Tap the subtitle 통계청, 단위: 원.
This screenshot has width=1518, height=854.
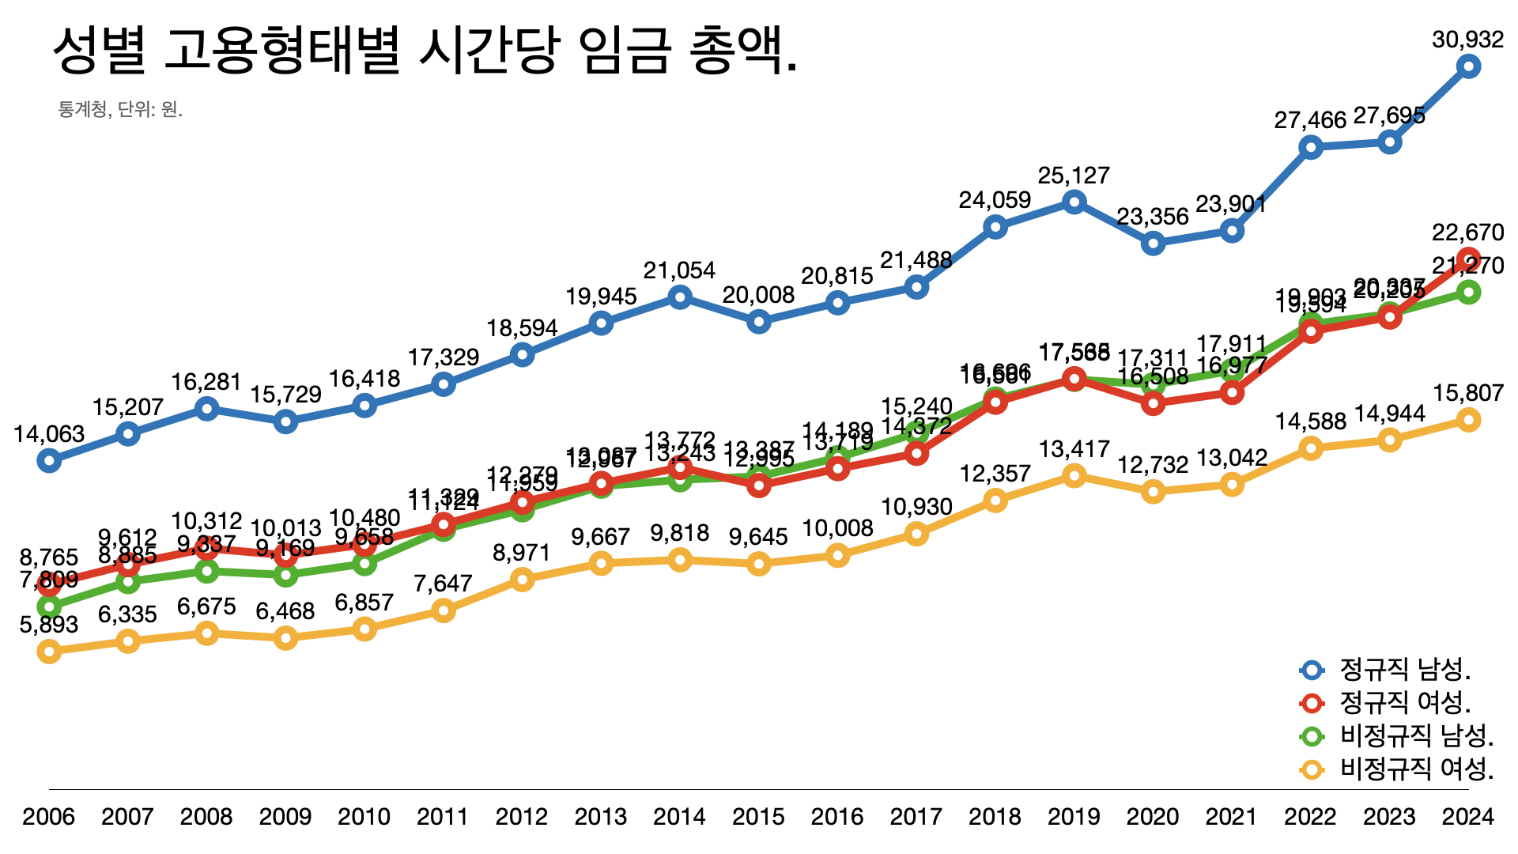pos(120,109)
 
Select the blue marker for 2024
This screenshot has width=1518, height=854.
pos(1468,66)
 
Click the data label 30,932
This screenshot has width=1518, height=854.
pos(1467,40)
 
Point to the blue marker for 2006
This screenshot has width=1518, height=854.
pos(49,460)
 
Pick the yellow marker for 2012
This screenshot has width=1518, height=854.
pos(522,580)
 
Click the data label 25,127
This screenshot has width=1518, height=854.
pos(1074,176)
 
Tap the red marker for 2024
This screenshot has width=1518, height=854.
pos(1468,259)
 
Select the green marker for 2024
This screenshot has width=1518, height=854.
pos(1468,293)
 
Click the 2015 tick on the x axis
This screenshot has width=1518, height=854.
pos(758,816)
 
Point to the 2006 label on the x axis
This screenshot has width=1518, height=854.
pos(49,816)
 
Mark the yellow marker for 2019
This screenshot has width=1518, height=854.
pos(1074,475)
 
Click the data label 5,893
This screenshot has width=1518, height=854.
pos(49,625)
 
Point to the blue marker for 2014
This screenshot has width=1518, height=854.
pos(680,297)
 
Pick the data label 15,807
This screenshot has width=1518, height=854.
pos(1467,393)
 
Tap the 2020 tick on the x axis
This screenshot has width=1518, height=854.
pos(1153,816)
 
